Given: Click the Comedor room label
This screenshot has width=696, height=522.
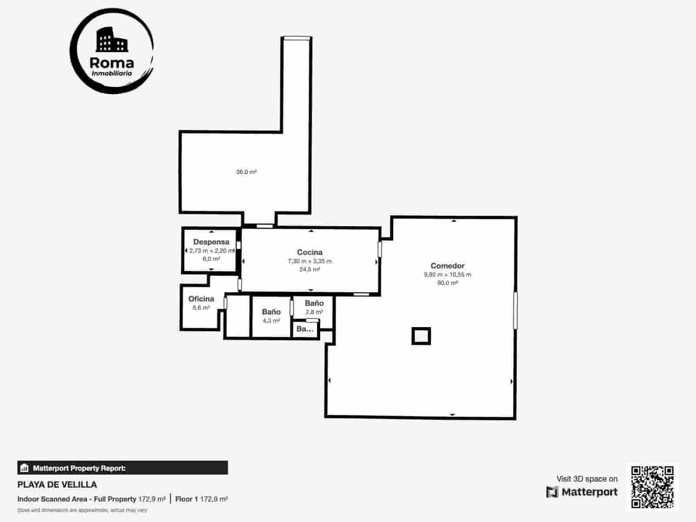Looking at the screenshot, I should (447, 266).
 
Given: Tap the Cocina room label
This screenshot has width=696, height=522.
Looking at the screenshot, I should (310, 252).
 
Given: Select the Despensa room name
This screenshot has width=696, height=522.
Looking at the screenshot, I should (211, 242).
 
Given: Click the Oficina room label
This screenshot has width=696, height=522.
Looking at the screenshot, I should (201, 299).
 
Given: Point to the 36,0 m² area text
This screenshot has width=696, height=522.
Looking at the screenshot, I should (246, 172).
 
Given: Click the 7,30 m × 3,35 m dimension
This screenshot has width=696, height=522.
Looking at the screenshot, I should (310, 261).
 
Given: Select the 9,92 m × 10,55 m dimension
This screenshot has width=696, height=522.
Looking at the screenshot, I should (447, 274).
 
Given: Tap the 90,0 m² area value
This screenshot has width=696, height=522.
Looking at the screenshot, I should (447, 283).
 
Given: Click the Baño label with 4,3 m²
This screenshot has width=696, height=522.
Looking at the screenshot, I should (271, 312).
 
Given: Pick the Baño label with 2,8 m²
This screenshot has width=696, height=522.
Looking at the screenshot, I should (314, 303).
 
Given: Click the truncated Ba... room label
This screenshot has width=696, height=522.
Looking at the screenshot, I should (304, 329).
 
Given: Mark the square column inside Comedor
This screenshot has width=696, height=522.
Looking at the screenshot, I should (421, 336).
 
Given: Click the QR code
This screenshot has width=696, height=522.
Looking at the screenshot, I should (652, 487).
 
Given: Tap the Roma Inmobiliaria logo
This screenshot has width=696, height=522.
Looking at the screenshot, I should (112, 57).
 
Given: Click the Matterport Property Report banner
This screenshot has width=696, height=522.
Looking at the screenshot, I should (123, 468).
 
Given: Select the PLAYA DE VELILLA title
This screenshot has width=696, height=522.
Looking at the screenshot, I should (57, 485).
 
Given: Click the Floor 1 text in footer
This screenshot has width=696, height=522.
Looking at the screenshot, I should (187, 499).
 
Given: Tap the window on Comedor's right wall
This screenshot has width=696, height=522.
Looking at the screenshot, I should (515, 310).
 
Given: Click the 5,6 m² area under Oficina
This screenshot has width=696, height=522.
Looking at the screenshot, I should (201, 308).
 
